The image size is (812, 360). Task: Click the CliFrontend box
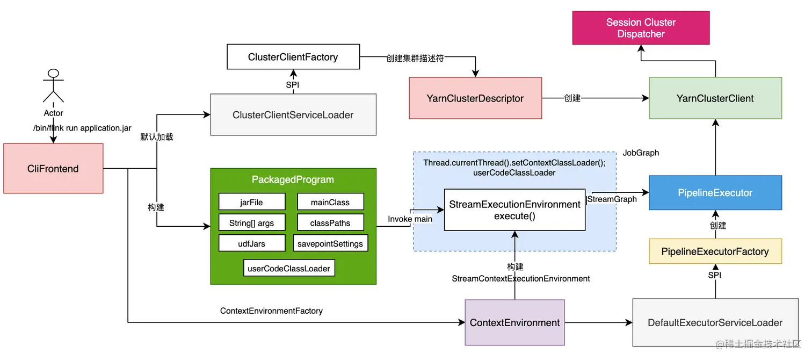click(53, 169)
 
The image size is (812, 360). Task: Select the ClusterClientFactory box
click(293, 57)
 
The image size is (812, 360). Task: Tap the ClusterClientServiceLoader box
click(293, 114)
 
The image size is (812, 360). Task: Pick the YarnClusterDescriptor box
click(475, 98)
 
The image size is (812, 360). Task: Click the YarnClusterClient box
click(715, 98)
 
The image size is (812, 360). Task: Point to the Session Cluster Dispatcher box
click(641, 28)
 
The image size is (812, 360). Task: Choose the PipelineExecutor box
click(715, 193)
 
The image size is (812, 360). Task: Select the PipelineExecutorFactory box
click(715, 251)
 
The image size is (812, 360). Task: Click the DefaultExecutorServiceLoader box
click(715, 323)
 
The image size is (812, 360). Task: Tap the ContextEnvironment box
click(514, 323)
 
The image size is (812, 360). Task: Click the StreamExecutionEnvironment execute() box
click(514, 210)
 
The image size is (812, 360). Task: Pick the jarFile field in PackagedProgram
click(251, 202)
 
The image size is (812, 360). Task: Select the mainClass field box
click(330, 202)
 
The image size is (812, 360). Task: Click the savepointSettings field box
click(330, 243)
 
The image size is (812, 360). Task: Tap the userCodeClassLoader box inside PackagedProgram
click(289, 268)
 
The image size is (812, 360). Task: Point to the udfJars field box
click(251, 243)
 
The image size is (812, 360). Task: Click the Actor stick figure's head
click(53, 74)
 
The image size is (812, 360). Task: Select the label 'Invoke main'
click(410, 219)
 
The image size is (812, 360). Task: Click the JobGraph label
click(641, 153)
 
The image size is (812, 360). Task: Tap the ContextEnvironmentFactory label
click(271, 311)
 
